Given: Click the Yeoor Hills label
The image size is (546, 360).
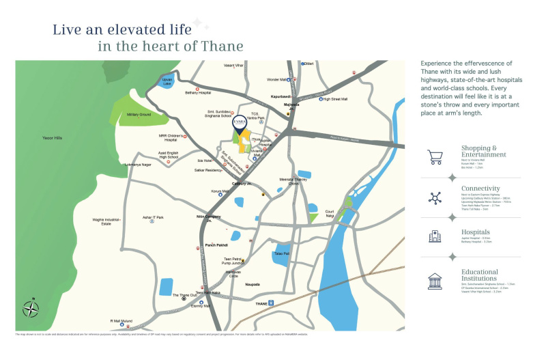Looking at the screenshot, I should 53,138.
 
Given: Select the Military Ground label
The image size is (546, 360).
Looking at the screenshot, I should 139,115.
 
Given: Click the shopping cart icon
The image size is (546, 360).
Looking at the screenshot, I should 435,158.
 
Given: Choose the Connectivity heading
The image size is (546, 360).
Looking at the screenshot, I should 480,188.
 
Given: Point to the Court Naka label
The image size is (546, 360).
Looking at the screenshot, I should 331,214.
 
